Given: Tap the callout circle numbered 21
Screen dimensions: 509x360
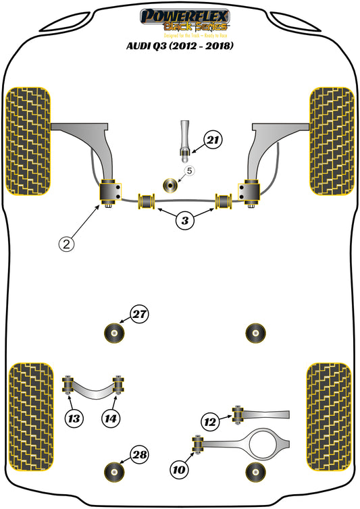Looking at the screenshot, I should [x=213, y=141].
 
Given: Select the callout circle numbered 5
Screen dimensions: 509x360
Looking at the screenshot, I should [x=189, y=171].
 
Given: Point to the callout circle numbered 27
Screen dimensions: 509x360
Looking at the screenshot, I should [x=140, y=315].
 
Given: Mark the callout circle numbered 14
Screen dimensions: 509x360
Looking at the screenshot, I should [x=111, y=419].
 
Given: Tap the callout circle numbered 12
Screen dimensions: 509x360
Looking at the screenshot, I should [x=211, y=423].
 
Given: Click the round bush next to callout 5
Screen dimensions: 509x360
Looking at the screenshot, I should [x=172, y=183].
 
